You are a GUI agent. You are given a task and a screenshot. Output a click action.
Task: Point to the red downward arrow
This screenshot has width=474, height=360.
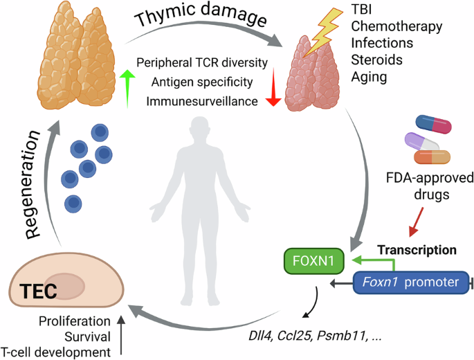point(273,91)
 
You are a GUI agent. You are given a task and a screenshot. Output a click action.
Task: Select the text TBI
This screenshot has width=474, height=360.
point(362,10)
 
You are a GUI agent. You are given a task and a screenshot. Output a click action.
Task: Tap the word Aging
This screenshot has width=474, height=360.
point(369,75)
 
